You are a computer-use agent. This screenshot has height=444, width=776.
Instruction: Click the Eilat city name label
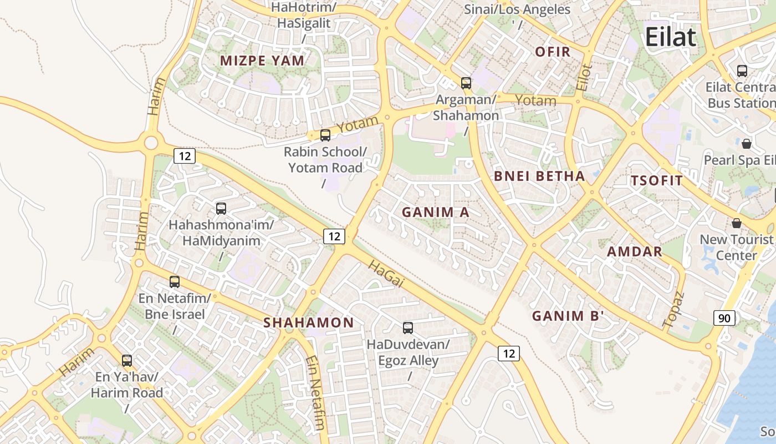[670, 37]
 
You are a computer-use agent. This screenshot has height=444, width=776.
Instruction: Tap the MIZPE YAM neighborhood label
[262, 61]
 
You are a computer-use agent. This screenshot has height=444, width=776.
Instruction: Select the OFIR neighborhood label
[553, 52]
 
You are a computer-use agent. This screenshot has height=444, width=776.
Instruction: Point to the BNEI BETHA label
[539, 176]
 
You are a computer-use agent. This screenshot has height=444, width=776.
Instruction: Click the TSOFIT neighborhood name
[657, 181]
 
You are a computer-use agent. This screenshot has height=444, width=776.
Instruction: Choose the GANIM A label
[435, 212]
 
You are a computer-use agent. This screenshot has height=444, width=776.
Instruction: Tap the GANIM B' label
[568, 316]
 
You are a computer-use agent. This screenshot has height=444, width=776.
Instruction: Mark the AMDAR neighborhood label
[635, 251]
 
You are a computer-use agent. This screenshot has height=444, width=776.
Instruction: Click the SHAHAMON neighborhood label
[308, 322]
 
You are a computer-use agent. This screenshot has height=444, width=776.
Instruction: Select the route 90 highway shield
[724, 318]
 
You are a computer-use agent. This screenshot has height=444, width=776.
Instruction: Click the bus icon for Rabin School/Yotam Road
[325, 135]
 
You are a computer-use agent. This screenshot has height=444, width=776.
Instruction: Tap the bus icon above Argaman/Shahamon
[466, 83]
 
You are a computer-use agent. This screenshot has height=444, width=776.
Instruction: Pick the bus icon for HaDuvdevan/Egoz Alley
[408, 327]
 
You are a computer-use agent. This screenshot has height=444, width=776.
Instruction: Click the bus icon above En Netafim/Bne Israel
[175, 281]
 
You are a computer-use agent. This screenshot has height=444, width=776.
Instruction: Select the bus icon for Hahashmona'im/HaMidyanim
[221, 209]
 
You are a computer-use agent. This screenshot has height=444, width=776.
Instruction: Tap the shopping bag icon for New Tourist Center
[736, 223]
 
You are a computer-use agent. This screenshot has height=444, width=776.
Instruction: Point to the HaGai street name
[385, 275]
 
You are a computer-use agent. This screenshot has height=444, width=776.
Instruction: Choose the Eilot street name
[584, 78]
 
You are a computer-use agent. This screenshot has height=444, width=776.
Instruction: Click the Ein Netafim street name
[314, 393]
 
